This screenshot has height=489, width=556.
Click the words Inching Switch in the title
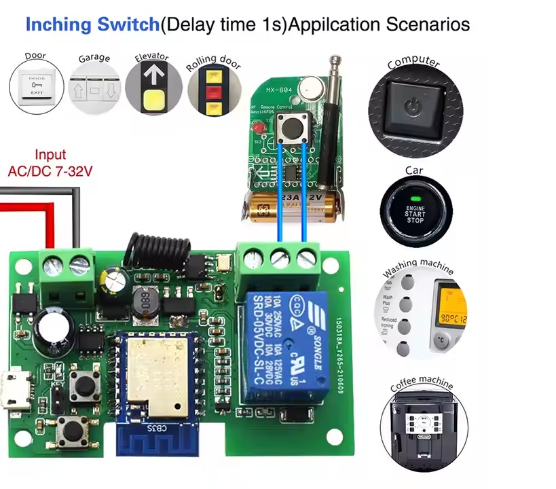(92, 25)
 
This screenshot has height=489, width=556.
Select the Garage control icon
(93, 90)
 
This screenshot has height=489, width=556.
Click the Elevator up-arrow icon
(151, 87)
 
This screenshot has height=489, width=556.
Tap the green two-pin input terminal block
(66, 269)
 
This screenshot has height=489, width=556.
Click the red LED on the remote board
(257, 128)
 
